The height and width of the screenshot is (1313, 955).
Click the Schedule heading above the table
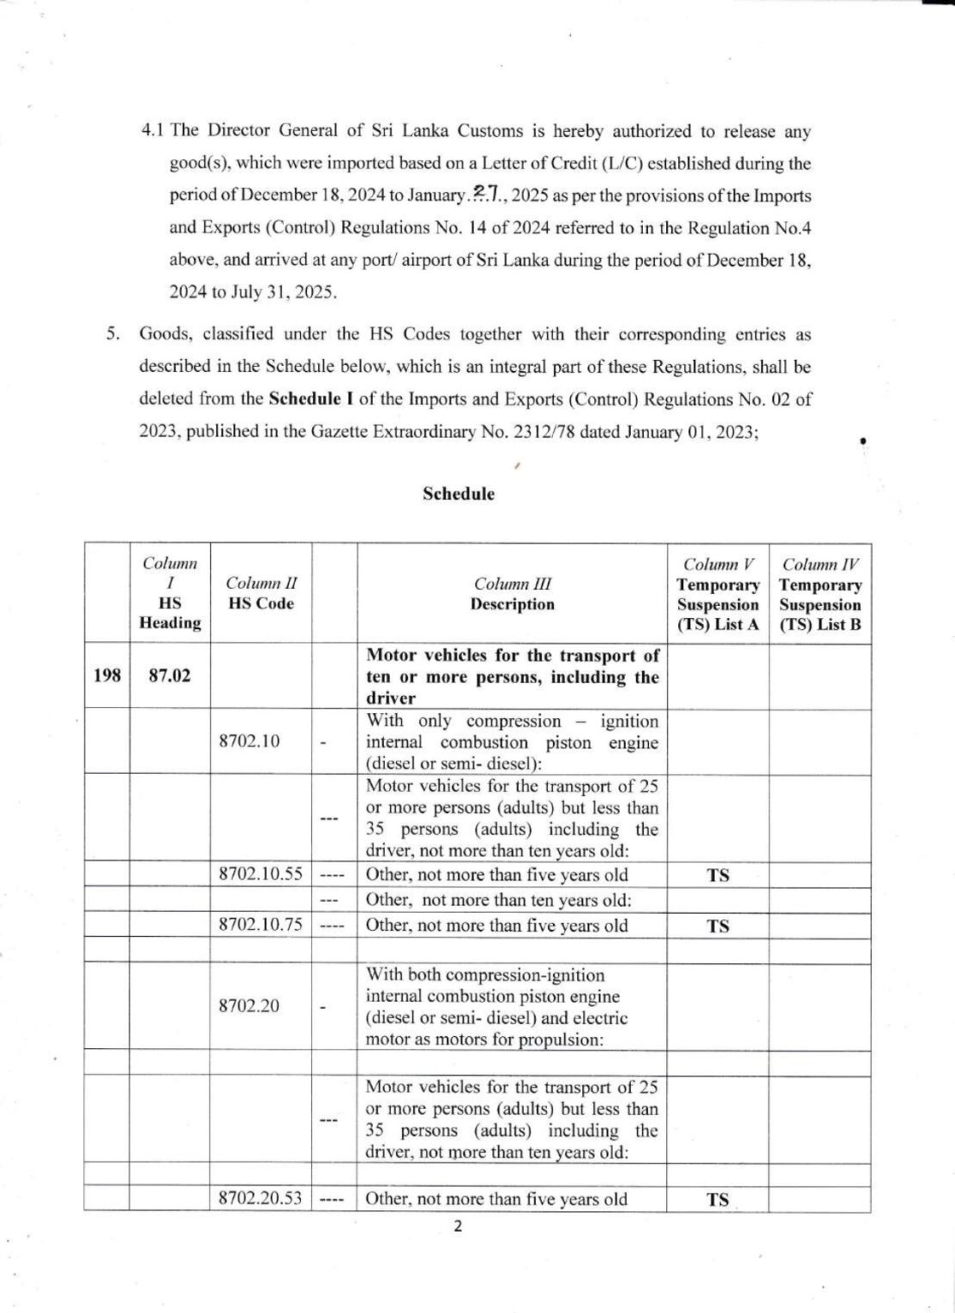point(458,494)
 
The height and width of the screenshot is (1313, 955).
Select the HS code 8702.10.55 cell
point(261,874)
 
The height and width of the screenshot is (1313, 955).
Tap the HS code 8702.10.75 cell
point(261,925)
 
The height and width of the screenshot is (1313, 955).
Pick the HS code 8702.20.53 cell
point(261,1198)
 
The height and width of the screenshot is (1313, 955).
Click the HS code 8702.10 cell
point(249,742)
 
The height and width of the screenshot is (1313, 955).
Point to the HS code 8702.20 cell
point(249,1006)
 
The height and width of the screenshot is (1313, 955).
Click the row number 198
point(106,677)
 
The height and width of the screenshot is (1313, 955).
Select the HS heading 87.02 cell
point(169,677)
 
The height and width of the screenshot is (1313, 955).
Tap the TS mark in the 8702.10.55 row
point(718,875)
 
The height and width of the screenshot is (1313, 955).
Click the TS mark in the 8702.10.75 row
point(718,926)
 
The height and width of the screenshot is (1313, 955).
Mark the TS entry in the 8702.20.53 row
point(718,1199)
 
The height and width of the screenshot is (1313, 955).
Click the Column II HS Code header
point(261,593)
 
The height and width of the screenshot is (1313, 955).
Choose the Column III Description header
point(512,593)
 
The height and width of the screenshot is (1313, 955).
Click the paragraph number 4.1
point(154,132)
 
